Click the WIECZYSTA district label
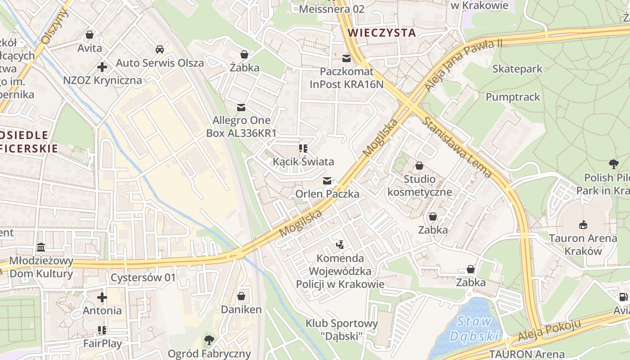coord(382,32)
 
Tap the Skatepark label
coord(517,69)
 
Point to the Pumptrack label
coord(513,97)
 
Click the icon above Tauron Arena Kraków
coord(583,224)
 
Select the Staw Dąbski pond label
coord(474,329)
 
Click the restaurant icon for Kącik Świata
coord(303,148)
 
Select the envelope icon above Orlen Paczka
coord(327,181)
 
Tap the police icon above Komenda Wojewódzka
coord(340,245)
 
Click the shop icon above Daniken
coord(241,296)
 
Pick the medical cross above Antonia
coord(102,297)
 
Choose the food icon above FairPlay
coord(102,330)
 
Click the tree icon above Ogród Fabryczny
coord(209,340)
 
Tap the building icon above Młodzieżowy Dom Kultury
coord(41,247)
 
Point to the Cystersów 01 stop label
coord(143,277)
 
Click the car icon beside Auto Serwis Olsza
coord(159,49)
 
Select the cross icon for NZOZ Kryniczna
coord(102,67)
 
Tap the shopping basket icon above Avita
coord(90,34)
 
